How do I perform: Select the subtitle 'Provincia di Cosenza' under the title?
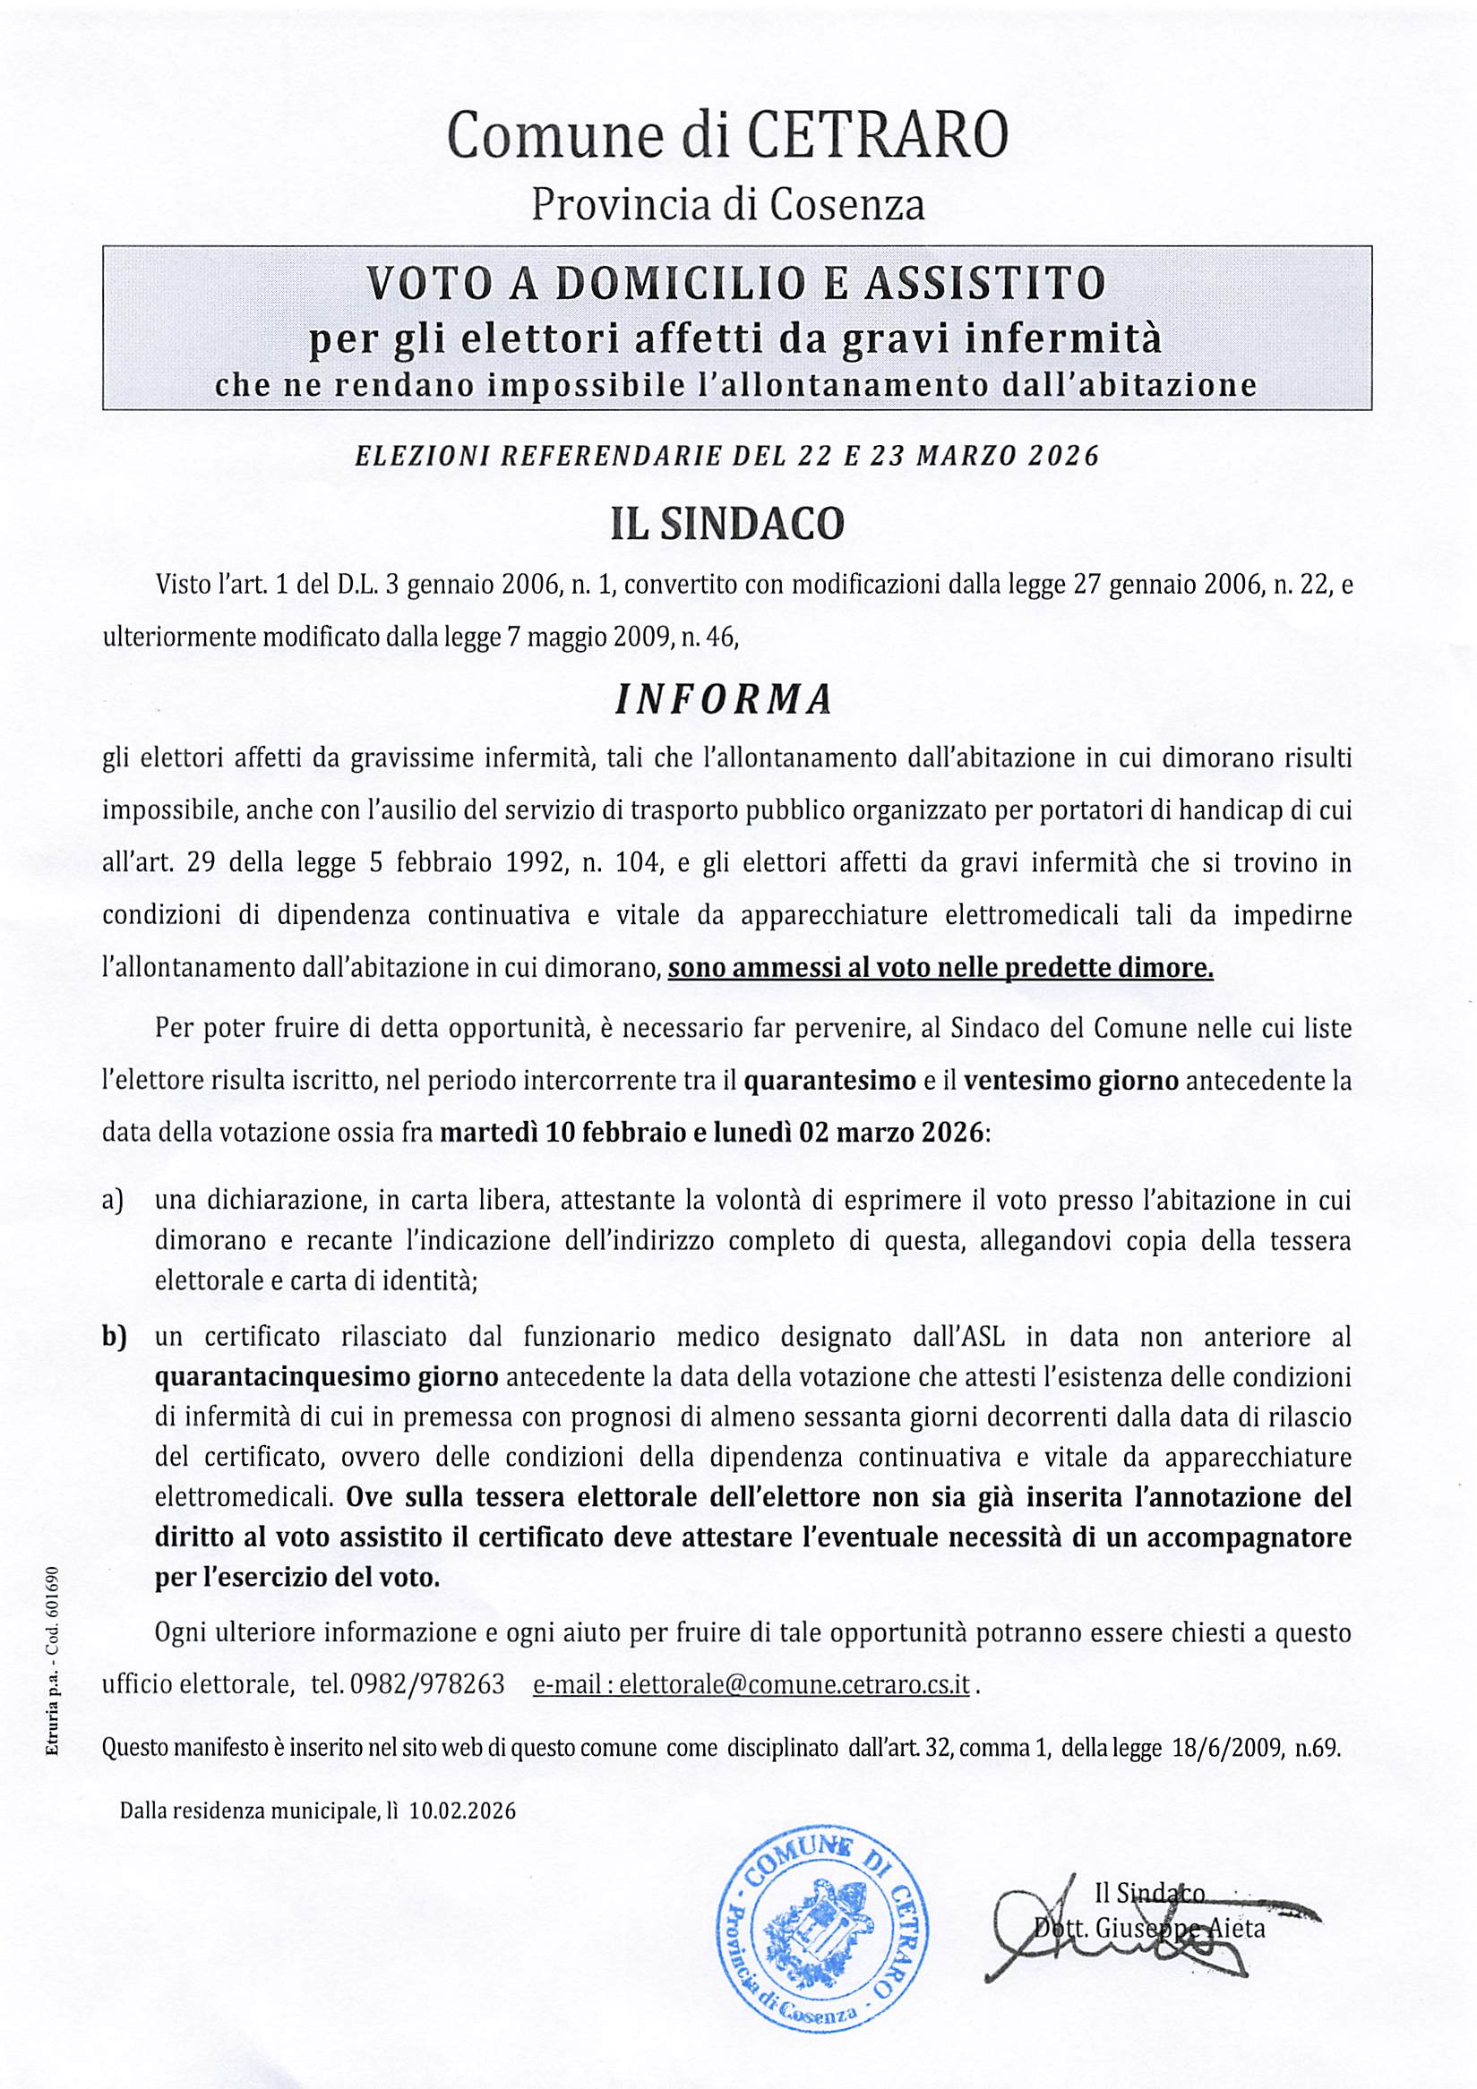click(728, 205)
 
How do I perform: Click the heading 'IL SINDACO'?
click(727, 524)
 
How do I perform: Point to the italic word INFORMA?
click(725, 699)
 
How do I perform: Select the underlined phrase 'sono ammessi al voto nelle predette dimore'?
click(940, 967)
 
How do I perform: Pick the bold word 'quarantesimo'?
click(830, 1081)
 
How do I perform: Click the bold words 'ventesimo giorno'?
click(1071, 1081)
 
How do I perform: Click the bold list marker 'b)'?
click(113, 1337)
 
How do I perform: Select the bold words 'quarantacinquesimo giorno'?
click(327, 1376)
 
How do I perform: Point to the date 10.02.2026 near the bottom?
click(462, 1811)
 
